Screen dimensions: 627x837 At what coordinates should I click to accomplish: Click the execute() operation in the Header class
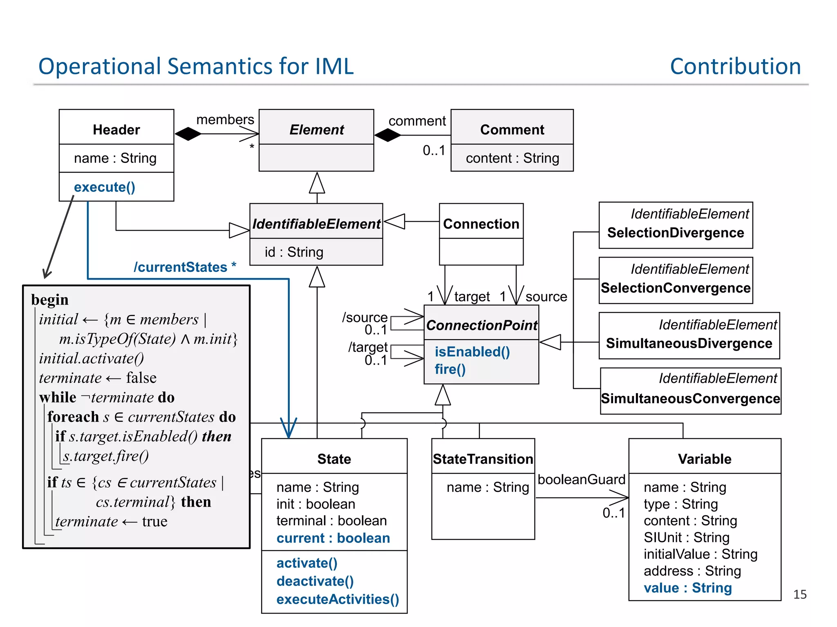coord(104,187)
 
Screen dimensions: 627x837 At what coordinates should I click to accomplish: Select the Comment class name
coord(512,129)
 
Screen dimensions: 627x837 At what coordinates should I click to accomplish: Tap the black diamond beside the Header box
coord(188,133)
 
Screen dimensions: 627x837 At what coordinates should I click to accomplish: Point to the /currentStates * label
coord(185,267)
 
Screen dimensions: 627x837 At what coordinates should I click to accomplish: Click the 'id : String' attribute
coord(294,252)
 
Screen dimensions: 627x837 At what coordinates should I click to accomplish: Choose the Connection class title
coord(481,224)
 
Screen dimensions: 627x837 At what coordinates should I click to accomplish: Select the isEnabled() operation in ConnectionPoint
coord(472,351)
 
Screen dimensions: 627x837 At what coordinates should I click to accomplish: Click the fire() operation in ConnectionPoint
coord(450,369)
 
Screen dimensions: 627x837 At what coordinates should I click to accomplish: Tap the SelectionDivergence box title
coord(675,233)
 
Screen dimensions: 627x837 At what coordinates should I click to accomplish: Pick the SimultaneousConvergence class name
coord(690,398)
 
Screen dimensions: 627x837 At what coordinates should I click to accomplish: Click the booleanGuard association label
coord(581,479)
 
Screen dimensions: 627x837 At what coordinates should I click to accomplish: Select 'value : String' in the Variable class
coord(687,588)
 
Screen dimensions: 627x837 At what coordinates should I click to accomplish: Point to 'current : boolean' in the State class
coord(333,538)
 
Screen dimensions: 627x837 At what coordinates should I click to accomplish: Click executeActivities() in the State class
coord(338,599)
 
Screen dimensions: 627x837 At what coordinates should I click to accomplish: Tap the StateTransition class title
coord(483,459)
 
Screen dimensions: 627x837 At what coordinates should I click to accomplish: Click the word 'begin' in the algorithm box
coord(50,300)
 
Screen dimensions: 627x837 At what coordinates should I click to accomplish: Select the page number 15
coord(800,594)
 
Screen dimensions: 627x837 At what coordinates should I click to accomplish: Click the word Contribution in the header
coord(735,67)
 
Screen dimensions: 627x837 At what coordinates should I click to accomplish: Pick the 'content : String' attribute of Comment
coord(512,158)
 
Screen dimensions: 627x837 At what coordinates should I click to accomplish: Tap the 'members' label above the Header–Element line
coord(225,120)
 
